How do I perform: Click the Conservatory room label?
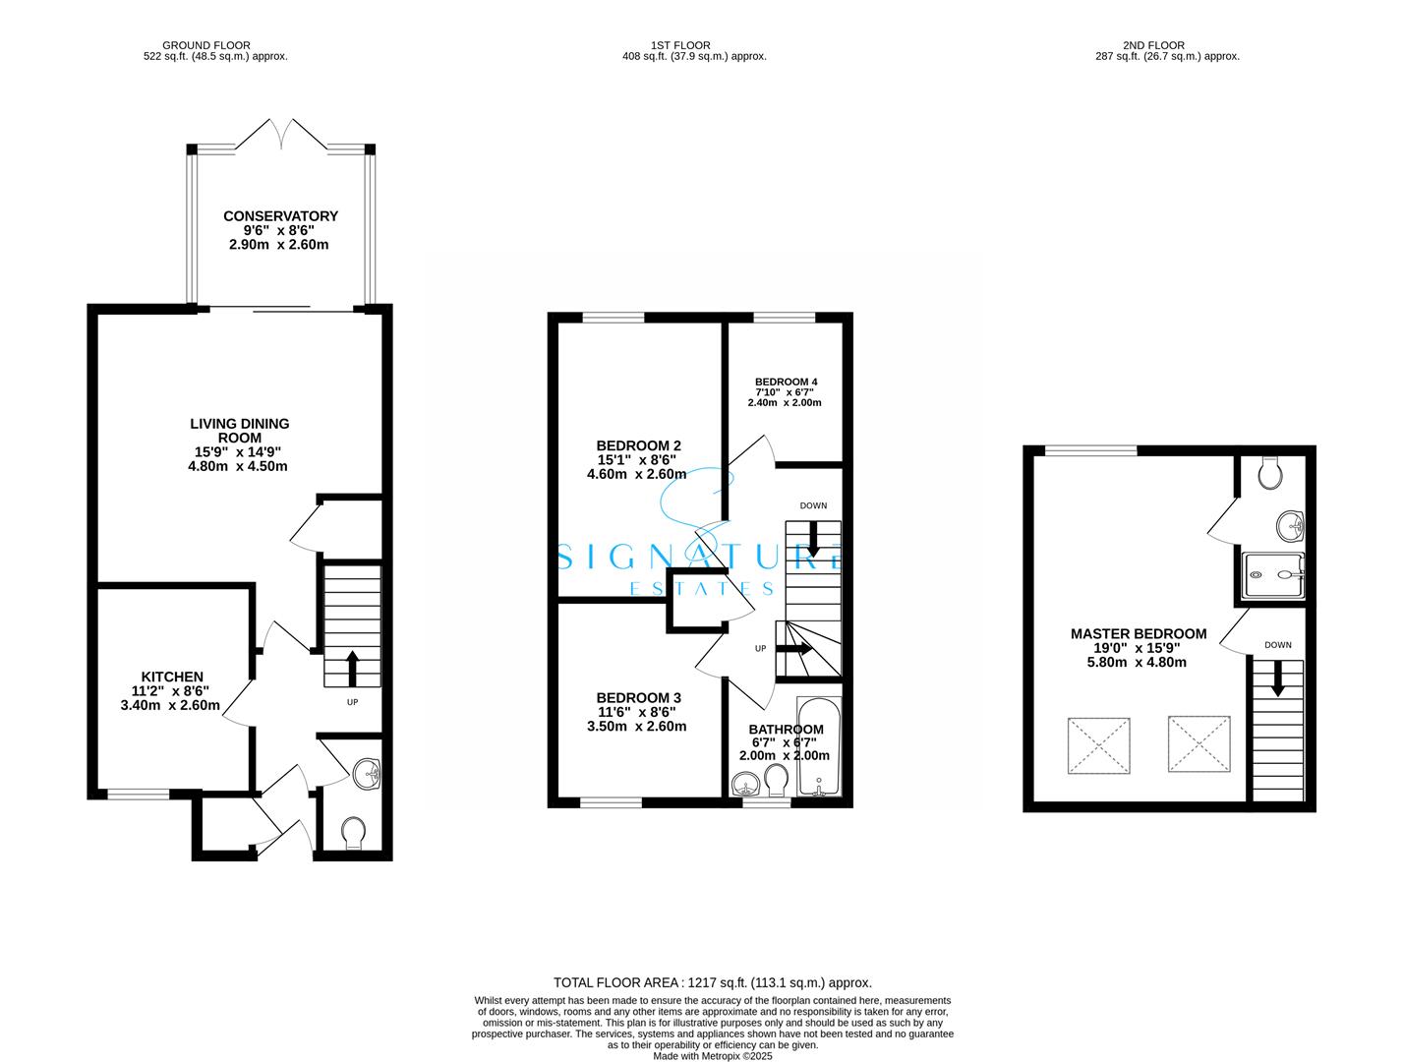(280, 216)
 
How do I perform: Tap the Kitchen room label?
(172, 677)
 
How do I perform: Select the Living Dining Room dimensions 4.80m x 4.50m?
(238, 466)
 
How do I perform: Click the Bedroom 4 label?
(786, 382)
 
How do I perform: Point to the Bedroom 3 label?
(638, 696)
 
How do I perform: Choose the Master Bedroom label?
(1138, 634)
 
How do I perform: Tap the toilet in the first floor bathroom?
(777, 781)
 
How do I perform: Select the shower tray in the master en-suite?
(1274, 575)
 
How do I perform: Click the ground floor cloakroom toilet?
(353, 835)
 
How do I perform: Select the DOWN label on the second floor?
(1277, 645)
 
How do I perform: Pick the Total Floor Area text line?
(712, 982)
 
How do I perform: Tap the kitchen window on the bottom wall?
(138, 794)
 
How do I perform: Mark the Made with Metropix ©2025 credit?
(713, 1056)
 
